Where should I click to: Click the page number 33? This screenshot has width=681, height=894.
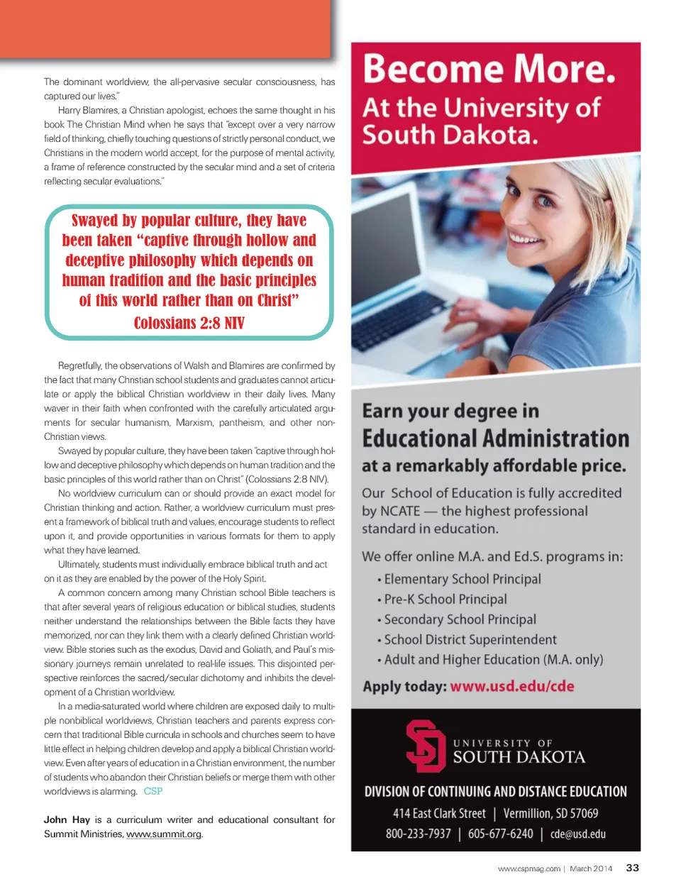point(632,868)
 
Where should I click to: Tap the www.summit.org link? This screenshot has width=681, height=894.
point(164,834)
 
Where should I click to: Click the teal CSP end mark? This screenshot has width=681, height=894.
point(153,791)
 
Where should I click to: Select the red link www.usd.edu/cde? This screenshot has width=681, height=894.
point(512,686)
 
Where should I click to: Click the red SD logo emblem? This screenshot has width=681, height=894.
point(424,746)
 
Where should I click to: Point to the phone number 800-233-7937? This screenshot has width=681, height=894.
point(418,834)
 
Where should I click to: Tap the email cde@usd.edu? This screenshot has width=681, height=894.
point(578,834)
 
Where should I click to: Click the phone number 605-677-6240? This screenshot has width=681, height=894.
point(500,834)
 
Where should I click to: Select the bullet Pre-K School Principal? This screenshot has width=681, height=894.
point(445,600)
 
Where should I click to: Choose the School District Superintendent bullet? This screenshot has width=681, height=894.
point(470,639)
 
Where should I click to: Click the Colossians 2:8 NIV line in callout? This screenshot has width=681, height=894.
point(189,324)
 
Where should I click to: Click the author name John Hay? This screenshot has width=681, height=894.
point(67,819)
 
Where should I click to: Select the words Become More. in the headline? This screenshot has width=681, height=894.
point(489,70)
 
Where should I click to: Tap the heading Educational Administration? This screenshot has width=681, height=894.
point(495,438)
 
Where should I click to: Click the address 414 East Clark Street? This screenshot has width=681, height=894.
point(439,813)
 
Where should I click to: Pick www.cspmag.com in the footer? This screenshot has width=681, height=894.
point(528,868)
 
